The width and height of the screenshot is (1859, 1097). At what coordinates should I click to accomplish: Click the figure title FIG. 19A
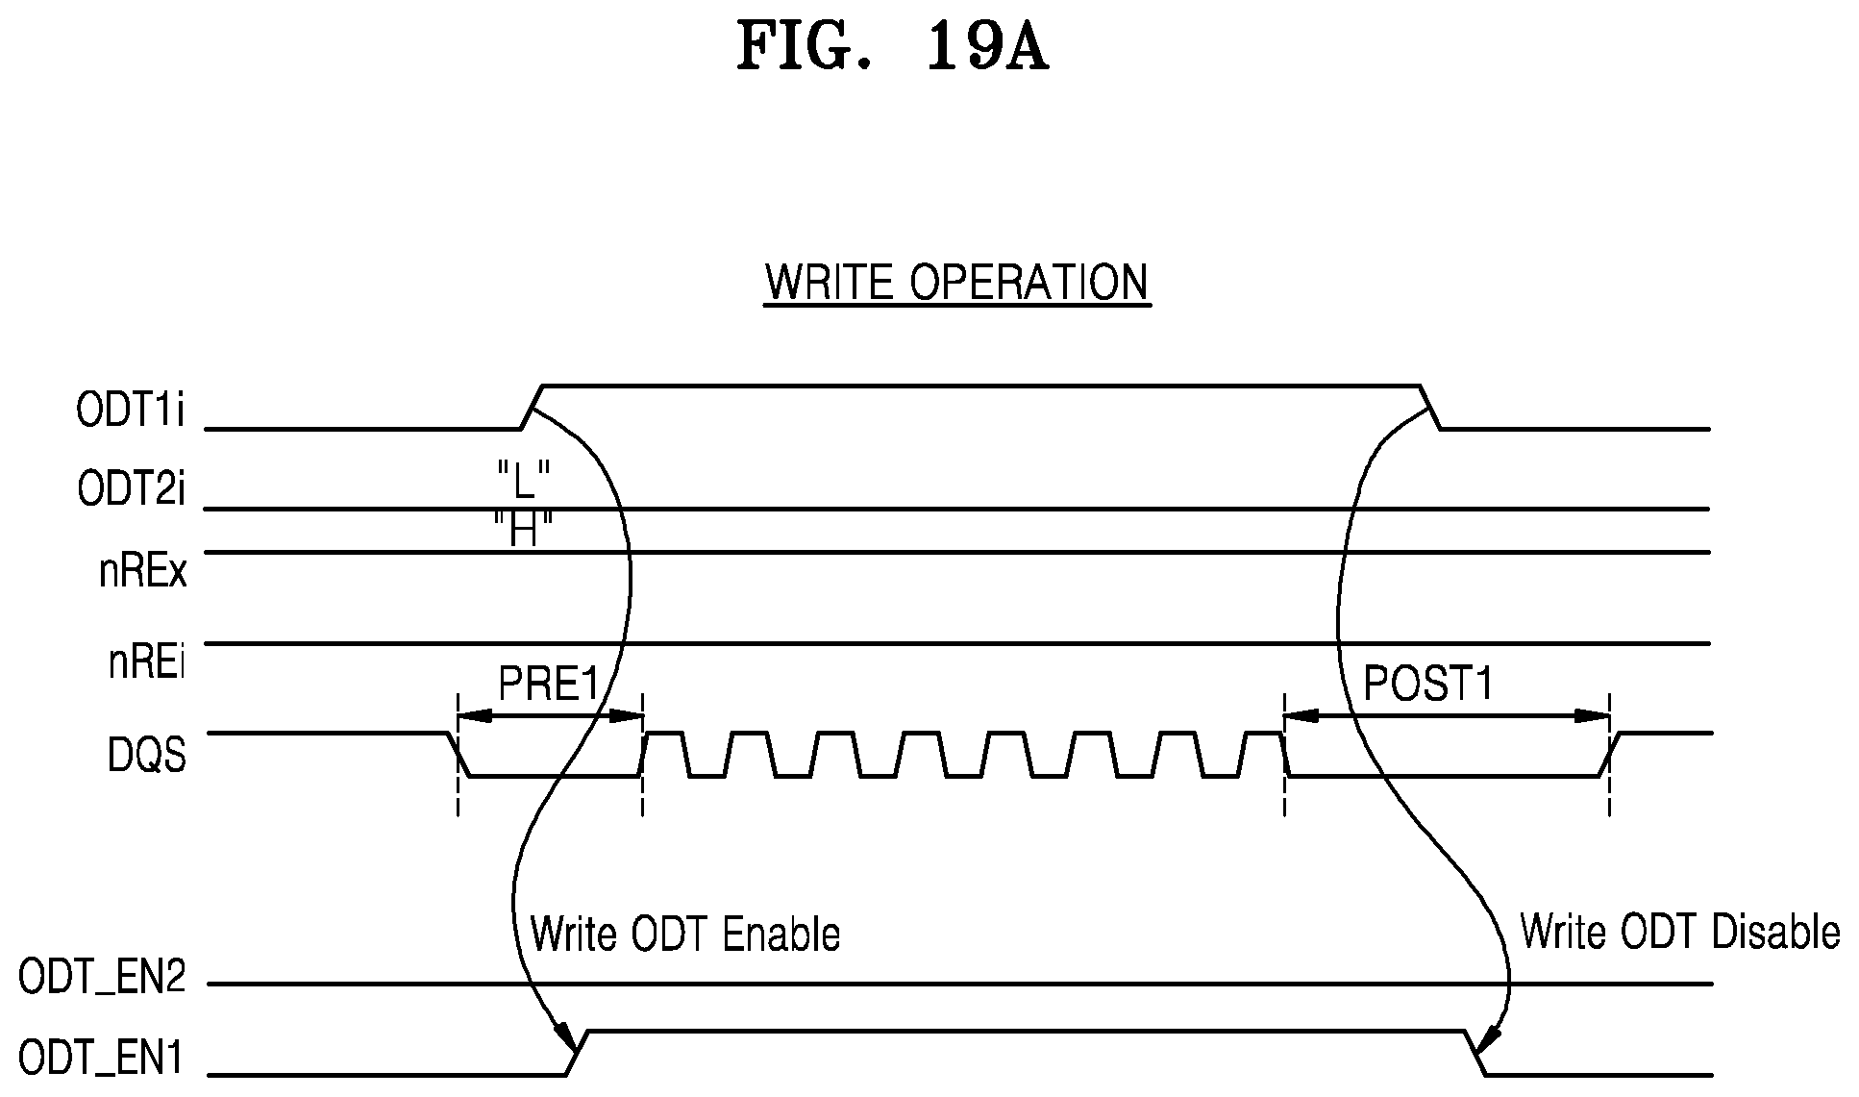(x=892, y=48)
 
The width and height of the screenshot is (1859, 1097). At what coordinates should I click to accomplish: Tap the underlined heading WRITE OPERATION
(x=956, y=283)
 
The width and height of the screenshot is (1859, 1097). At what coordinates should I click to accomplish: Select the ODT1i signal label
(x=131, y=412)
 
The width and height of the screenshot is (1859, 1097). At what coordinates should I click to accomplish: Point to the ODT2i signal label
(x=131, y=489)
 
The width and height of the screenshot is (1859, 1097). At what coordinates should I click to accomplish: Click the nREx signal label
(x=143, y=572)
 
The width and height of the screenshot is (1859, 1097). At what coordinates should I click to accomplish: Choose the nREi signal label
(x=146, y=663)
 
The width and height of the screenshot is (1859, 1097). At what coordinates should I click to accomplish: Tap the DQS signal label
(x=146, y=756)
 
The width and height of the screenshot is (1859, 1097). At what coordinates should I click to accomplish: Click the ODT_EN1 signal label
(x=102, y=1060)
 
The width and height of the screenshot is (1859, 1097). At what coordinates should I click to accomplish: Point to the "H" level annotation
(x=523, y=530)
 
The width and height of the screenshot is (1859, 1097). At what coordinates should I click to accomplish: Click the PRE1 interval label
(x=549, y=685)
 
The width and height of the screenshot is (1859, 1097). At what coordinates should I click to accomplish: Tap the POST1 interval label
(x=1429, y=685)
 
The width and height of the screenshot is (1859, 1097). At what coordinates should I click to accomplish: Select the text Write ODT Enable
(x=685, y=934)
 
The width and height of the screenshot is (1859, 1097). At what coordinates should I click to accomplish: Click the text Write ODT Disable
(x=1679, y=932)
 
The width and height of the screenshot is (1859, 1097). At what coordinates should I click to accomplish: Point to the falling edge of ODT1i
(x=1430, y=407)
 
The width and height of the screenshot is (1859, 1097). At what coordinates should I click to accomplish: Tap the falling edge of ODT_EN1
(x=1476, y=1053)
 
